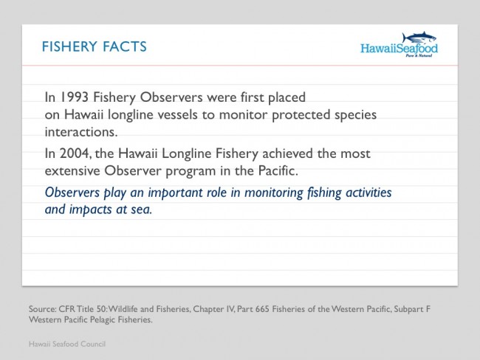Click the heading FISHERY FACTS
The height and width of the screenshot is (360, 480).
coord(95,46)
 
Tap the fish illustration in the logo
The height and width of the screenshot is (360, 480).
coord(419,38)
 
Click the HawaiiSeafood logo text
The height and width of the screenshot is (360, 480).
coord(400,49)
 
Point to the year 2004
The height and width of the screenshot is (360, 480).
coord(75,153)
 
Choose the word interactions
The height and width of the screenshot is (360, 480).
coord(81,132)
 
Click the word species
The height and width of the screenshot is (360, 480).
coord(355,115)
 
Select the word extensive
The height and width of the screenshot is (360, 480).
coord(72,170)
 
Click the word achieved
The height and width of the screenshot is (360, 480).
coord(288,153)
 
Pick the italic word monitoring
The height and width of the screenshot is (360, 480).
coord(274,193)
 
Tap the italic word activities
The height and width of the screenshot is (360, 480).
coord(368,193)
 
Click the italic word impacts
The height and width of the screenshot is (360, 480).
coord(90,210)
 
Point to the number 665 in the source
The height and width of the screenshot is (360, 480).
coord(262,309)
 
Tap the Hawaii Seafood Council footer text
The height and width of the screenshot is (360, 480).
coord(67,344)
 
